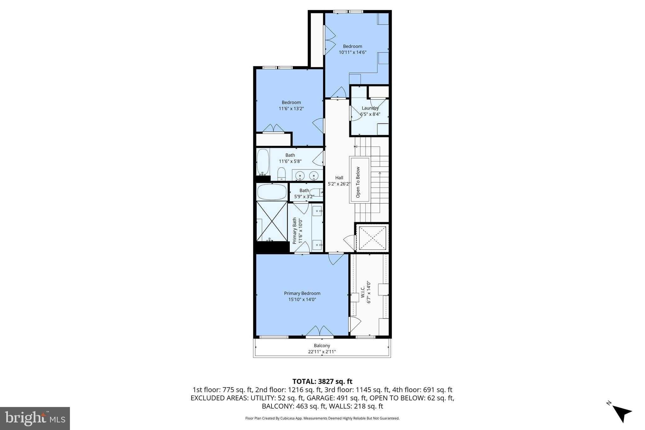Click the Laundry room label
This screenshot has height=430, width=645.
click(x=370, y=108)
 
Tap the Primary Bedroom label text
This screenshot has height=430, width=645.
click(x=302, y=293)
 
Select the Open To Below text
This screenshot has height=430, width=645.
click(x=358, y=182)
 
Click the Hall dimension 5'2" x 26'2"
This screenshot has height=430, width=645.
click(x=339, y=184)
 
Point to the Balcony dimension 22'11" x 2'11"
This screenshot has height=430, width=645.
click(x=322, y=352)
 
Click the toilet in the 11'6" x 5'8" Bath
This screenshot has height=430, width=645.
click(x=281, y=174)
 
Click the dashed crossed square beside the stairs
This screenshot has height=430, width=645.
click(x=372, y=238)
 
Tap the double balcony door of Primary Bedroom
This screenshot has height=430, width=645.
click(x=320, y=331)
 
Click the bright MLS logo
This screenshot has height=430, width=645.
click(x=35, y=418)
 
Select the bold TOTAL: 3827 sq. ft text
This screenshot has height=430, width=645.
click(x=322, y=381)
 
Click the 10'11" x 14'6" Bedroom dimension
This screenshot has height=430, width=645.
click(x=352, y=52)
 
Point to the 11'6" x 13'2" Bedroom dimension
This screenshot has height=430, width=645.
click(x=291, y=108)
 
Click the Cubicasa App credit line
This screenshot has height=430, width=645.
click(x=322, y=418)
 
